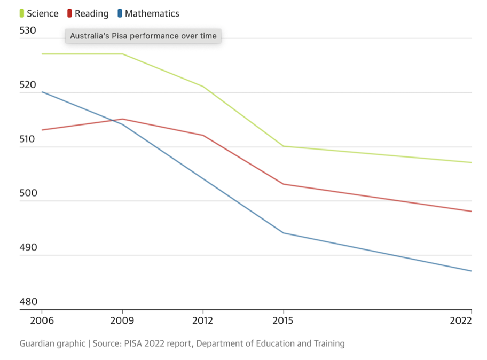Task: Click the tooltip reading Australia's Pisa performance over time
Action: coord(143,36)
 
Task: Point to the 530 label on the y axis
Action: coord(28,30)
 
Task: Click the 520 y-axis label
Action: coord(28,85)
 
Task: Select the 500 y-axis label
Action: coord(28,193)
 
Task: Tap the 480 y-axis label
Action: coord(28,302)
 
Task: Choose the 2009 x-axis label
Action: coord(122,320)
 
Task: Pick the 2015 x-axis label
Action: coord(283,320)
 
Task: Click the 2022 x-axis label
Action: coord(460,320)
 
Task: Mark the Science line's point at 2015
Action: coord(284,146)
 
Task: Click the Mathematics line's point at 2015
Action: coord(284,233)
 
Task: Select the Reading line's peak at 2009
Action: coord(123,119)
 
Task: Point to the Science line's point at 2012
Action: coord(203,87)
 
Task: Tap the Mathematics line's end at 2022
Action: coord(472,271)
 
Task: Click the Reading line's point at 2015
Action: coord(284,184)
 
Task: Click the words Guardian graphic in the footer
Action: coord(52,343)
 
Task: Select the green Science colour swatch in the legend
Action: coord(22,13)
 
